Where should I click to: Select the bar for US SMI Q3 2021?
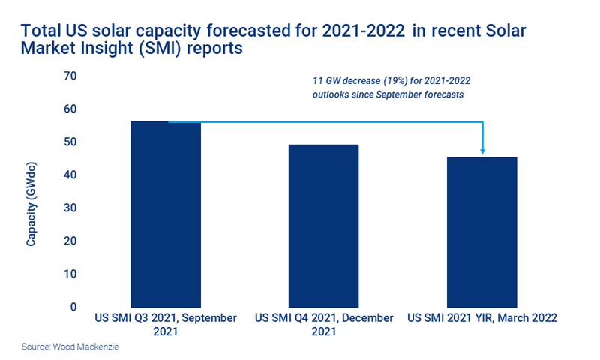pyautogui.click(x=166, y=214)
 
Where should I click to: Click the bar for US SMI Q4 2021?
pyautogui.click(x=324, y=225)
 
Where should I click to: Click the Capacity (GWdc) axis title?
pyautogui.click(x=31, y=202)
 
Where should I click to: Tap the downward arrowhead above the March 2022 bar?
pyautogui.click(x=482, y=151)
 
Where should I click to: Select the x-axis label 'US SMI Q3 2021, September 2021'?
pyautogui.click(x=166, y=324)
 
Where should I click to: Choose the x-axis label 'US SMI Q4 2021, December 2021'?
pyautogui.click(x=324, y=324)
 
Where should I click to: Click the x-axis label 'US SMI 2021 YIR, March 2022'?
pyautogui.click(x=482, y=318)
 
